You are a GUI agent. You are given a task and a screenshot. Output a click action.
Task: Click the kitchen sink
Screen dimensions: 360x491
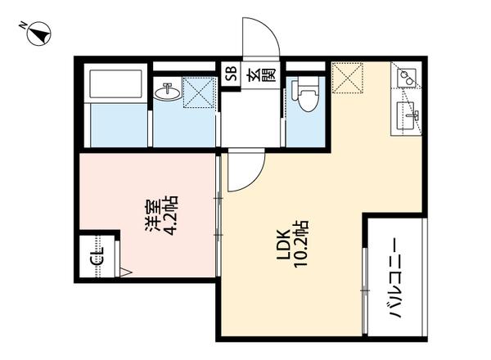(407, 115)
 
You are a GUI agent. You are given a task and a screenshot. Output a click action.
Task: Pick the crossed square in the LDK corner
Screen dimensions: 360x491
(349, 79)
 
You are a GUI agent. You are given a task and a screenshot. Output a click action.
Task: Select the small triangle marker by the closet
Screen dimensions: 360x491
(124, 272)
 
